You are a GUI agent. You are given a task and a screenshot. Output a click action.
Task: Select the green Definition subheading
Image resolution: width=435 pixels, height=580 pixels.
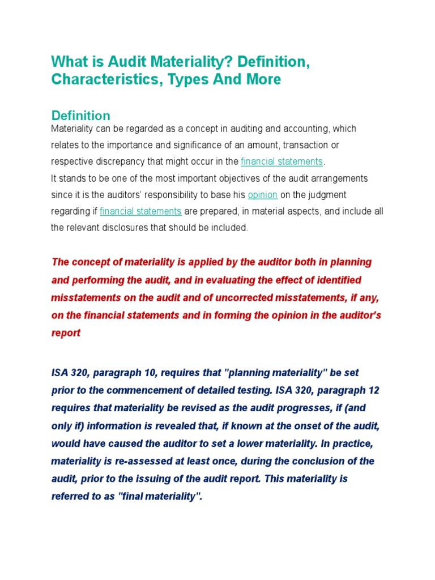pos(80,116)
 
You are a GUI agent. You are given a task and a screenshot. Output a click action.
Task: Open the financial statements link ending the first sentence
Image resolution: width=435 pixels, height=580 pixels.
pos(282,162)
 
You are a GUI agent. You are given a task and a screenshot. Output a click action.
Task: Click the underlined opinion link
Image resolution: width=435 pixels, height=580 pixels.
pos(262,195)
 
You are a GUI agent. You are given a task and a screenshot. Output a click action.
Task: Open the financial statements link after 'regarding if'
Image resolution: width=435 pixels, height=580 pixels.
pos(140,211)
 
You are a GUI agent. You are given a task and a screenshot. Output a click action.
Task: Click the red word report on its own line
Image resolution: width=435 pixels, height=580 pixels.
pos(66,333)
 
